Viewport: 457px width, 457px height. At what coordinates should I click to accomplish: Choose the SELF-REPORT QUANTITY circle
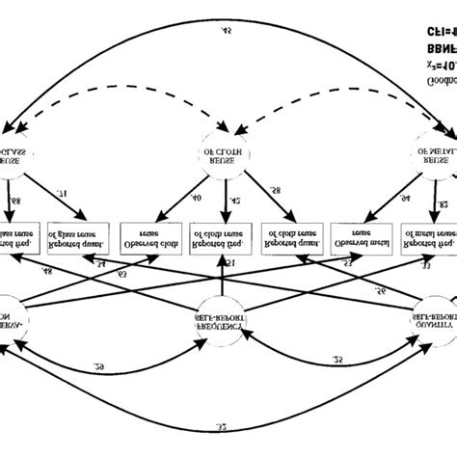pyautogui.click(x=429, y=309)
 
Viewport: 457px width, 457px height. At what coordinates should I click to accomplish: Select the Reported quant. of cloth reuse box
pyautogui.click(x=292, y=238)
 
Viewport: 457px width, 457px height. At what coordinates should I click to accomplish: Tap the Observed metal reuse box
pyautogui.click(x=363, y=238)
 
